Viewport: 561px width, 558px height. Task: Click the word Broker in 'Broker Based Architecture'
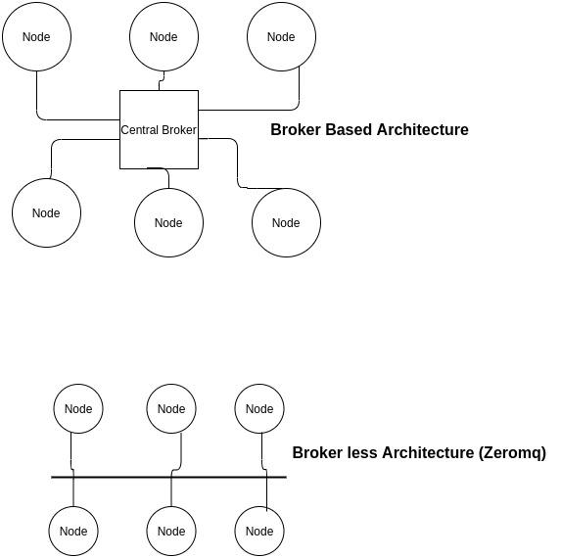[296, 129]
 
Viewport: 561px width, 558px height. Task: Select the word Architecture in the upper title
[423, 129]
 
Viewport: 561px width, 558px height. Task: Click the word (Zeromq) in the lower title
[512, 453]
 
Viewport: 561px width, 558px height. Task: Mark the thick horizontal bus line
[168, 477]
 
